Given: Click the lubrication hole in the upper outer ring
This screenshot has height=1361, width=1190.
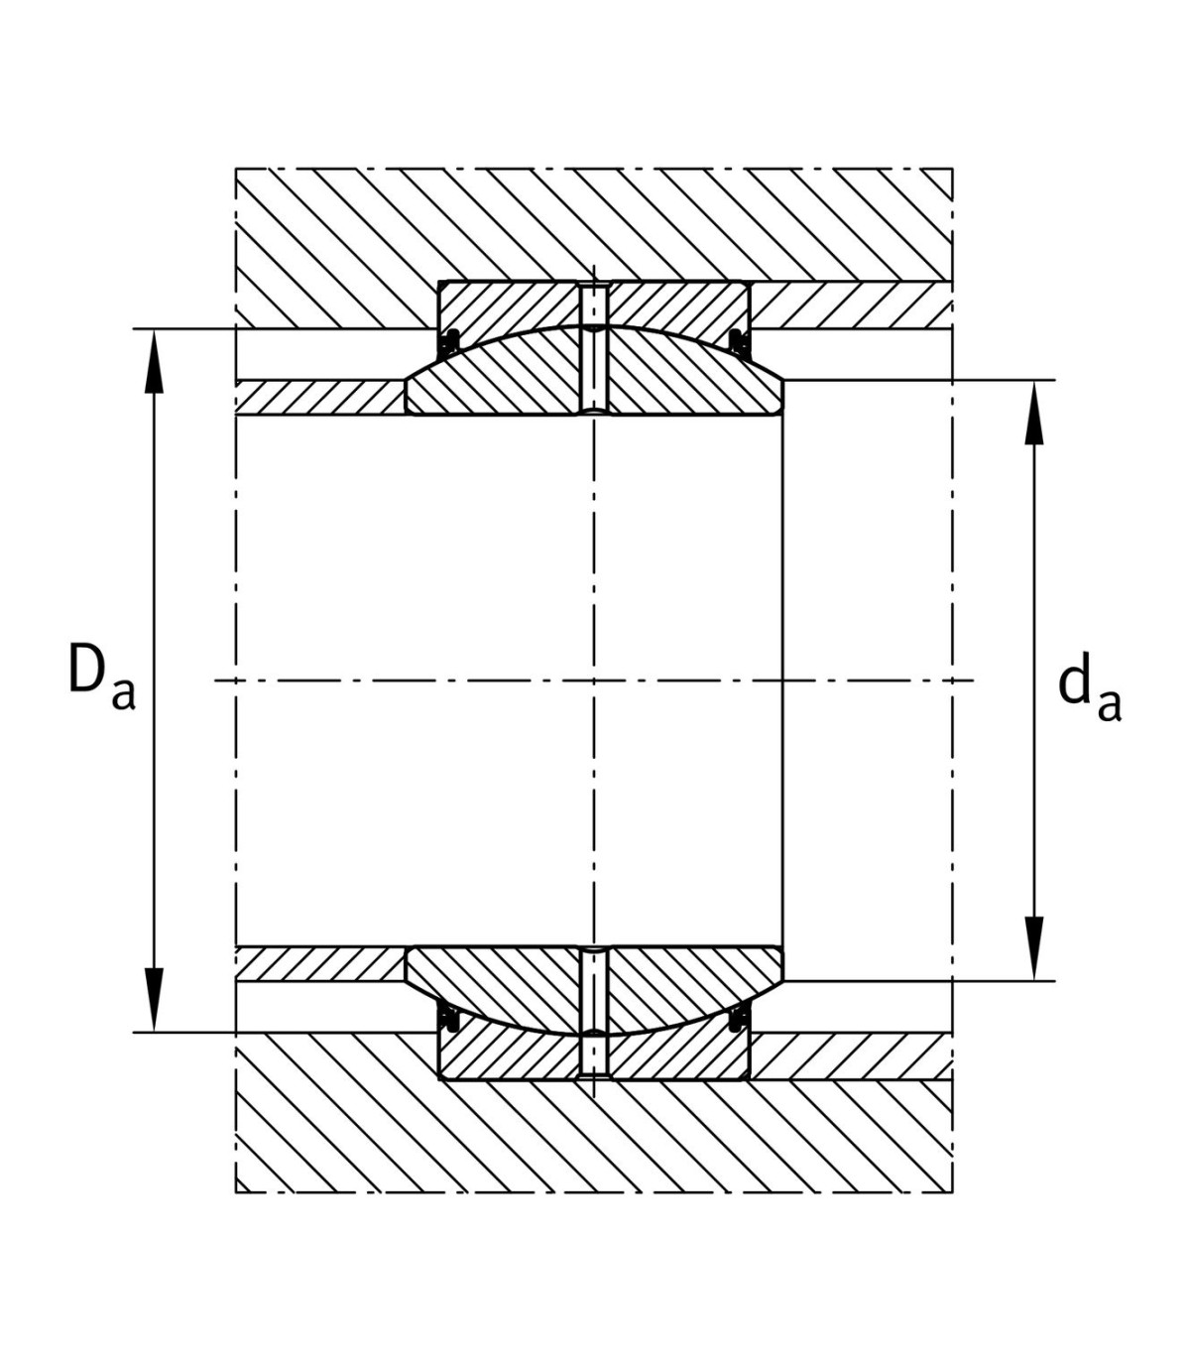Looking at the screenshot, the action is (594, 305).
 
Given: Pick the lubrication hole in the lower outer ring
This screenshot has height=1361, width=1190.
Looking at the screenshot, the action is (594, 1056).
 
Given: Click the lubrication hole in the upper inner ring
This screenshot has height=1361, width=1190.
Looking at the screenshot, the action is (594, 372).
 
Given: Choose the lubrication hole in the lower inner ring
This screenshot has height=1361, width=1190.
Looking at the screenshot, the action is (594, 989).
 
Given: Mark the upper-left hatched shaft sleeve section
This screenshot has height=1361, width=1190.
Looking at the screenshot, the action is (320, 398).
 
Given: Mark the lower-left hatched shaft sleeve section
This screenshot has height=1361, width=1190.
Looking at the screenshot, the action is (320, 963).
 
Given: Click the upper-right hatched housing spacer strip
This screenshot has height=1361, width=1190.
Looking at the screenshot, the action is (852, 305).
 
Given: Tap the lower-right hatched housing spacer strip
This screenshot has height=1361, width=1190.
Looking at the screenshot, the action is (852, 1056).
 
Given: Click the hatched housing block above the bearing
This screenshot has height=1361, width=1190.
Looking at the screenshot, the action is (594, 225).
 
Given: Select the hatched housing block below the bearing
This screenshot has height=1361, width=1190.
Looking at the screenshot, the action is (594, 1136).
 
